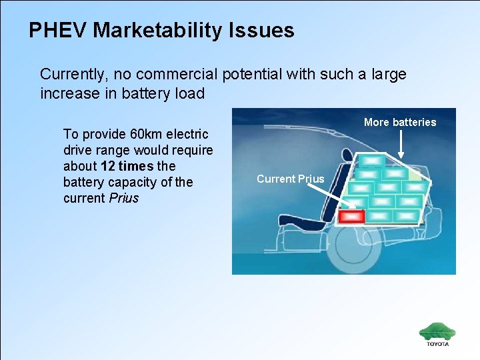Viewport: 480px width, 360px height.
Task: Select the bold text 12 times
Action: click(x=127, y=166)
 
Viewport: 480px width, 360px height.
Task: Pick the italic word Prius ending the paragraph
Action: click(x=123, y=198)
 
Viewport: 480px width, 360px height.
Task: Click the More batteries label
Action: click(x=400, y=122)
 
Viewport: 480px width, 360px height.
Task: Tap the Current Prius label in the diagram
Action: click(x=290, y=179)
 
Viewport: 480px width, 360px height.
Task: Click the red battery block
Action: click(x=351, y=216)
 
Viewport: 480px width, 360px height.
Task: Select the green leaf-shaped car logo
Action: click(x=437, y=331)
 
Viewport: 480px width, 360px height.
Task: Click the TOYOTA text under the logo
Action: click(x=438, y=344)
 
